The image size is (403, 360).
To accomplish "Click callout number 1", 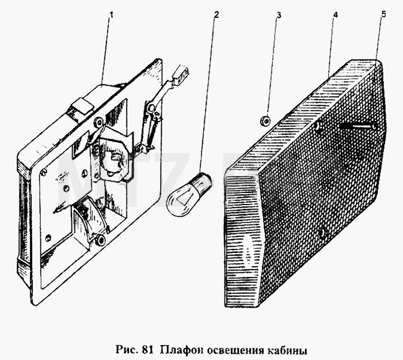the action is pyautogui.click(x=111, y=15).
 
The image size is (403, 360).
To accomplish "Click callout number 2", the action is pyautogui.click(x=216, y=14).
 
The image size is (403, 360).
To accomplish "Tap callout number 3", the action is pyautogui.click(x=279, y=15).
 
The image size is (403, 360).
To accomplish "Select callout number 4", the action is pyautogui.click(x=336, y=15).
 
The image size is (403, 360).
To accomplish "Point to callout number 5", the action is pyautogui.click(x=383, y=14).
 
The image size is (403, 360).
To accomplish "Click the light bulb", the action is pyautogui.click(x=189, y=194).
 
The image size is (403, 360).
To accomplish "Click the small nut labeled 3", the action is pyautogui.click(x=265, y=120).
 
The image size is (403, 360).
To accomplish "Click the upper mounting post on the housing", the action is pyautogui.click(x=98, y=122).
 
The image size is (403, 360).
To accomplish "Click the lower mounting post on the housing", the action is pyautogui.click(x=100, y=240).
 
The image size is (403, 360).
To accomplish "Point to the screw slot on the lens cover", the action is pyautogui.click(x=358, y=126).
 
